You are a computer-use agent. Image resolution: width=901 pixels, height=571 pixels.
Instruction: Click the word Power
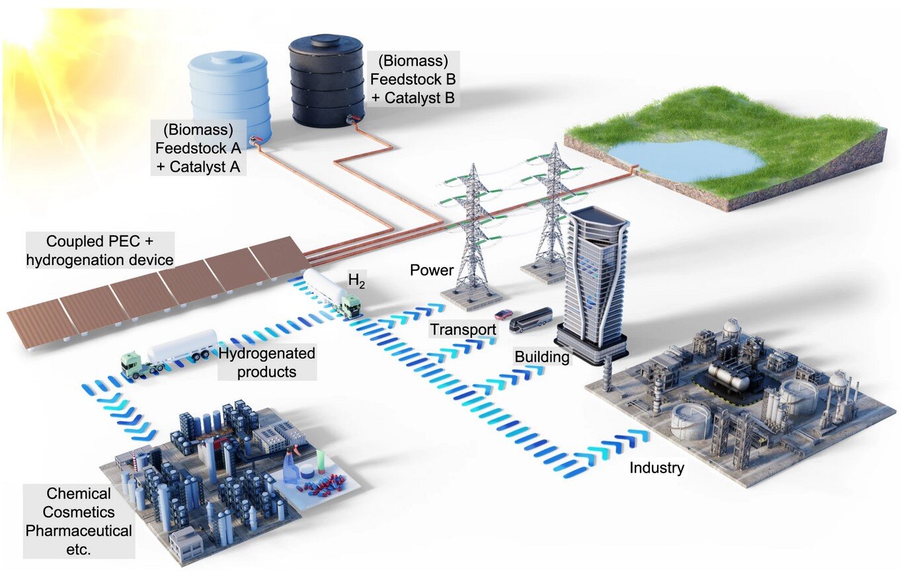tap(431, 270)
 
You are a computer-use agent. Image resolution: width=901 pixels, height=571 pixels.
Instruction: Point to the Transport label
tap(463, 329)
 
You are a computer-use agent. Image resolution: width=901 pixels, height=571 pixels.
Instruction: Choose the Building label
tap(541, 358)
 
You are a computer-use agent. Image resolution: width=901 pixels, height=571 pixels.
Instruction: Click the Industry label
tap(656, 468)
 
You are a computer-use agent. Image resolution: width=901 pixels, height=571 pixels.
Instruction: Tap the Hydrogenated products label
tap(266, 362)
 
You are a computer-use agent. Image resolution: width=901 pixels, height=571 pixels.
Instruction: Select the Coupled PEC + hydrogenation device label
tap(99, 250)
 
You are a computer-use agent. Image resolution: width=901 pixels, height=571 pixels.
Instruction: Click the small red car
tap(504, 313)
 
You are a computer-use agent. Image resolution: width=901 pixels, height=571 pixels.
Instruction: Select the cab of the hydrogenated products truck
tap(134, 365)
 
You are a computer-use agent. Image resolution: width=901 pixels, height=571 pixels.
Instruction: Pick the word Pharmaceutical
tap(79, 530)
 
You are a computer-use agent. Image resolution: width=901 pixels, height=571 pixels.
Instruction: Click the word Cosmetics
tap(79, 512)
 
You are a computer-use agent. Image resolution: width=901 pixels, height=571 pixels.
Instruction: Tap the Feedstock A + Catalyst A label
tap(198, 147)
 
